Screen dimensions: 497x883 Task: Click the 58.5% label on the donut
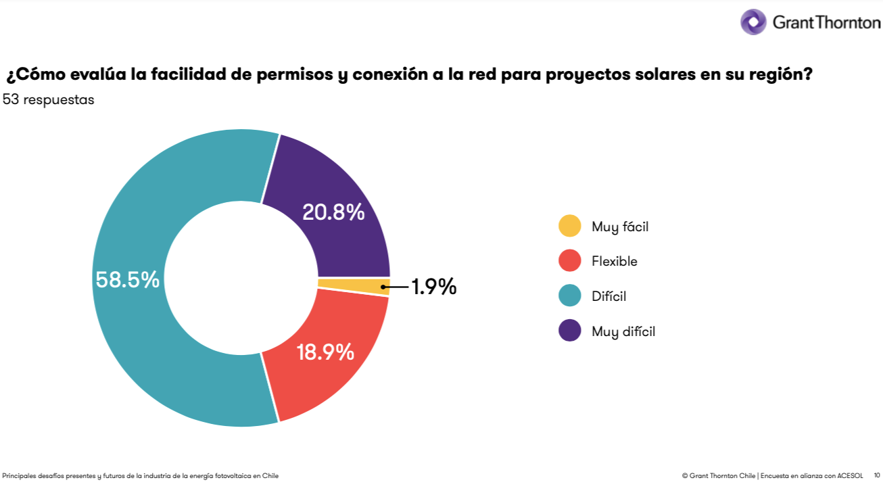[x=128, y=279]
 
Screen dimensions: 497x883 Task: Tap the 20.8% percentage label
[x=333, y=212]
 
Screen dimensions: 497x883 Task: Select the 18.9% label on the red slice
[x=325, y=352]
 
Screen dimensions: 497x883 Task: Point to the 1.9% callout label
[x=434, y=287]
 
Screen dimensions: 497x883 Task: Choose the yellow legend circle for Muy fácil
[x=570, y=227]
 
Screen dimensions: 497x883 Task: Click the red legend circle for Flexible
[x=570, y=261]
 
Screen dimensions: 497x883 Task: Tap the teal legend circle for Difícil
[x=570, y=295]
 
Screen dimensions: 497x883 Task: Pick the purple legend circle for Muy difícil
[x=570, y=331]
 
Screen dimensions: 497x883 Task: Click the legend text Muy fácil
[x=620, y=227]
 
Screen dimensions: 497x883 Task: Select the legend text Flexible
[x=615, y=262]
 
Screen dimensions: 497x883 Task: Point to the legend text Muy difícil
[x=623, y=331]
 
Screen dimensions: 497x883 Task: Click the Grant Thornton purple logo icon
[x=753, y=22]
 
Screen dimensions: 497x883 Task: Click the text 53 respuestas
[x=49, y=100]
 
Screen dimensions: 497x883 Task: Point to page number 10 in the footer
[x=877, y=476]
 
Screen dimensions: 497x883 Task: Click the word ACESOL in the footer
[x=851, y=476]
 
